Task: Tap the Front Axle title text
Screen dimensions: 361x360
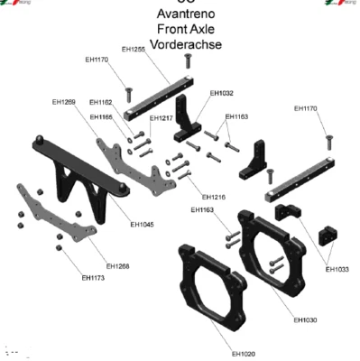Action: [185, 29]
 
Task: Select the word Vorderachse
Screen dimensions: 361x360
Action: [186, 44]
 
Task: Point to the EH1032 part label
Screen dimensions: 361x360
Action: [221, 92]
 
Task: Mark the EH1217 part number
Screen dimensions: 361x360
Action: [162, 118]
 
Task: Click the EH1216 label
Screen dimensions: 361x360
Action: [214, 196]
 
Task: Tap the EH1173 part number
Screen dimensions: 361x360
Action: [93, 277]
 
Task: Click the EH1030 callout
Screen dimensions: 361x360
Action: [305, 319]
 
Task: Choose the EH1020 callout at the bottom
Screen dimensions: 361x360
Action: [243, 352]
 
